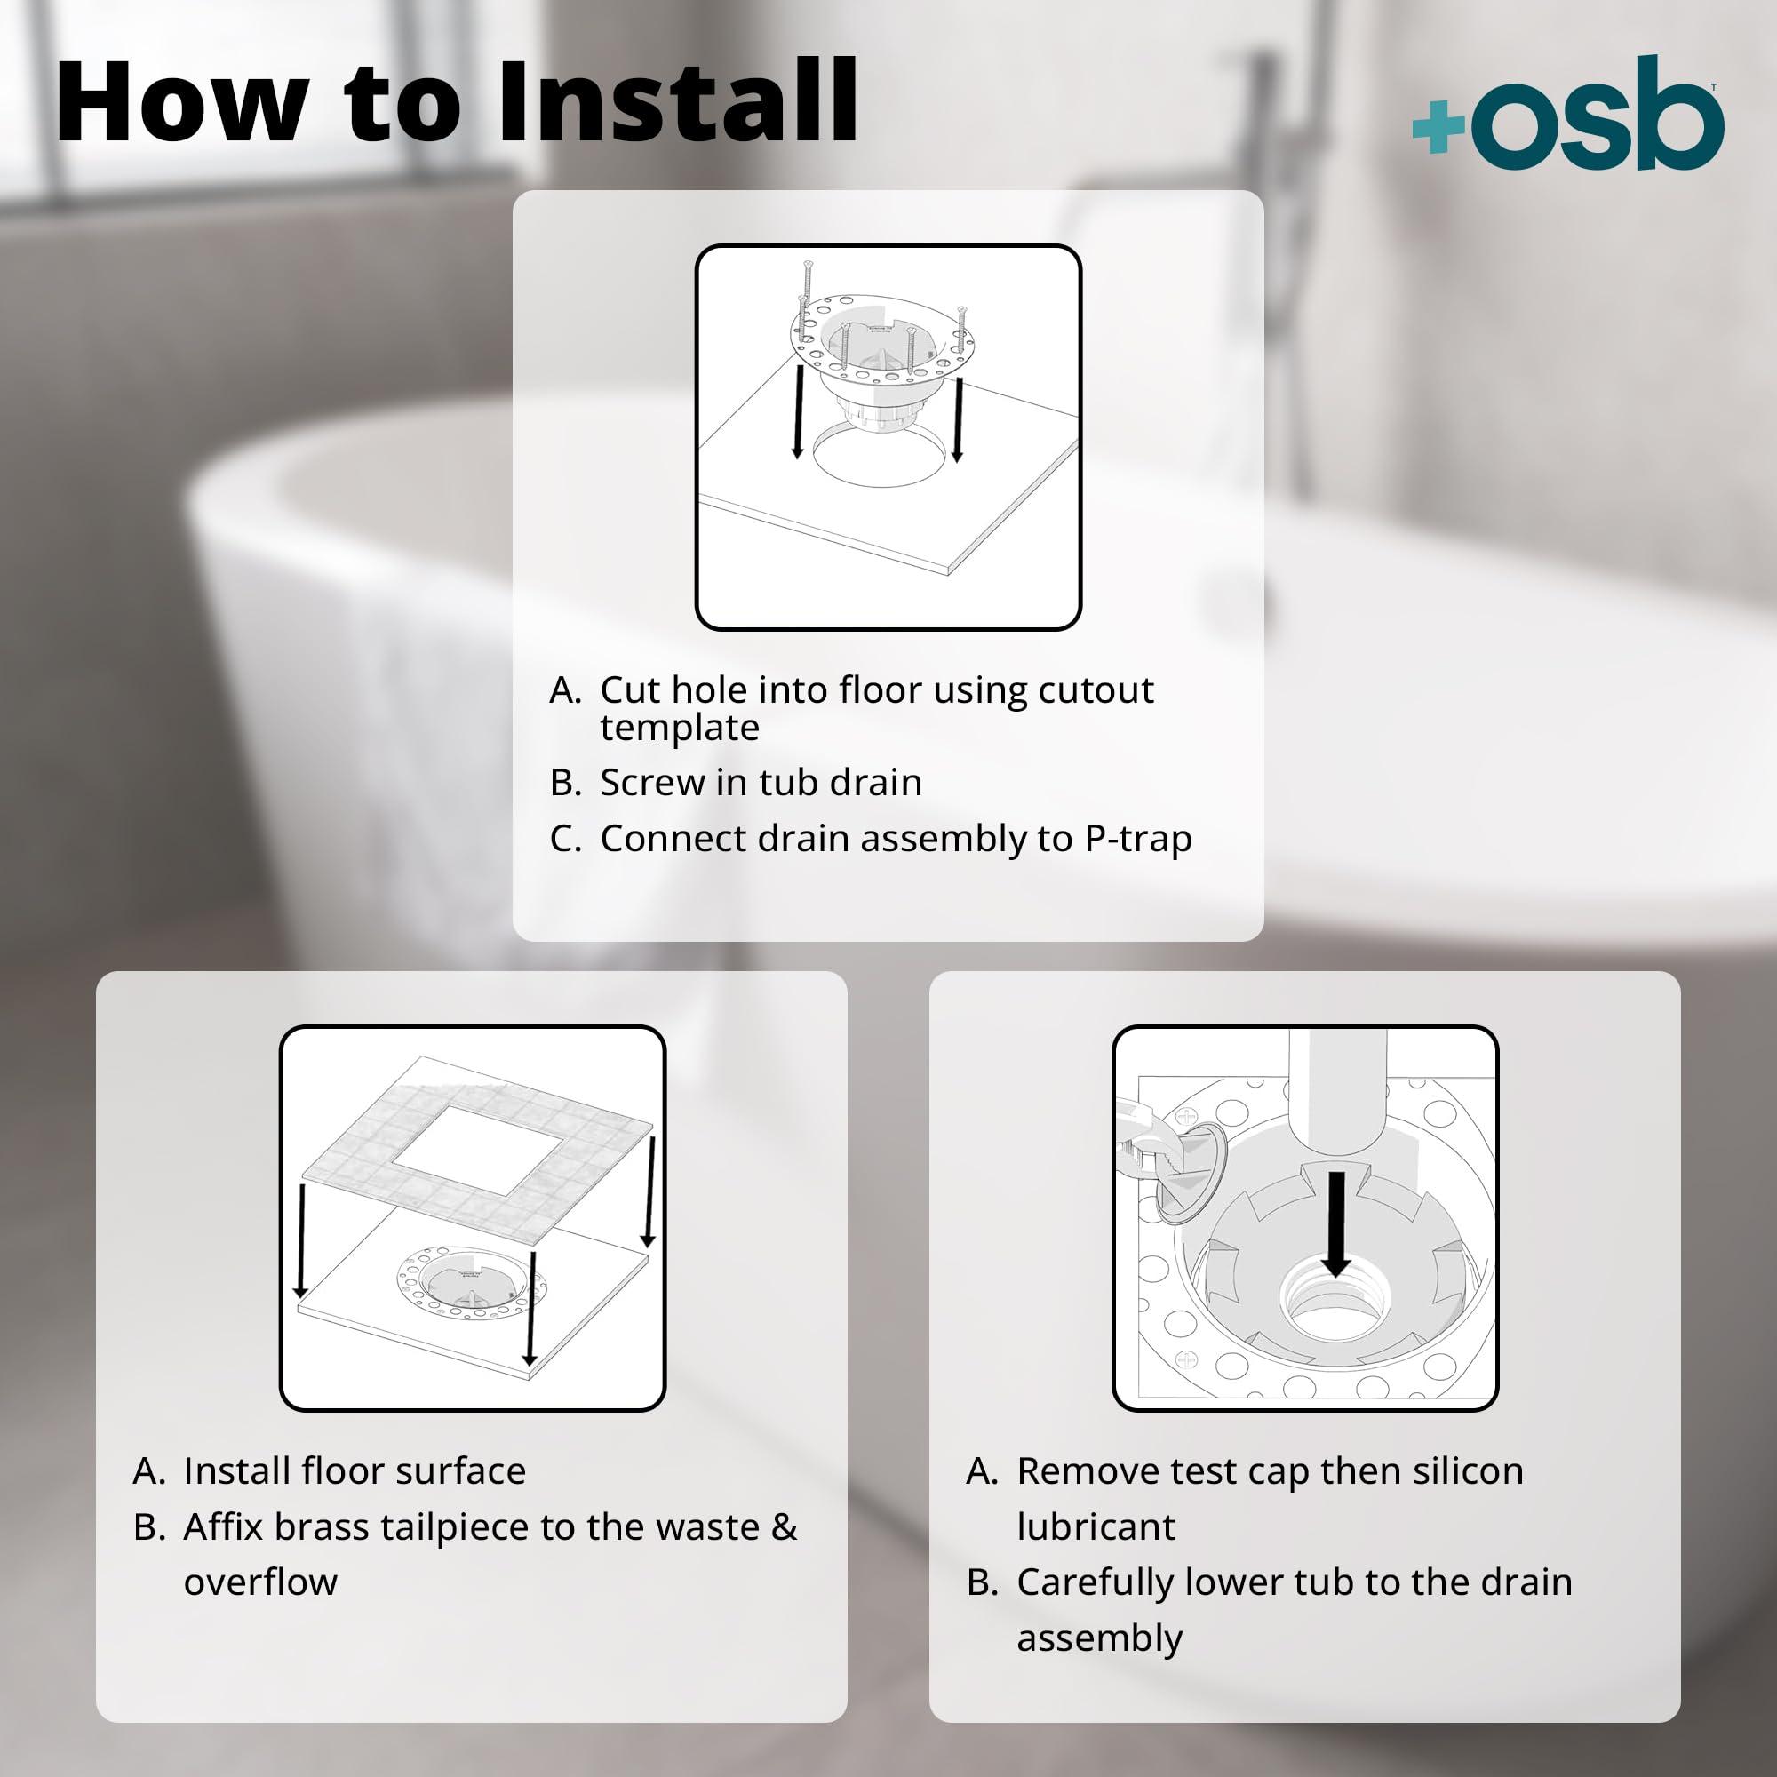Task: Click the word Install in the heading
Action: tap(677, 101)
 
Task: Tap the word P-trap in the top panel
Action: tap(1138, 839)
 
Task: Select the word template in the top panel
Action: tap(680, 729)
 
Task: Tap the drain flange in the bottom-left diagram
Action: tap(470, 1284)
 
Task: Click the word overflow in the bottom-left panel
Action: tap(260, 1582)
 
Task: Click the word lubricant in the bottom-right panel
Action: tap(1096, 1526)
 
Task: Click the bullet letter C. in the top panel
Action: tap(565, 839)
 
